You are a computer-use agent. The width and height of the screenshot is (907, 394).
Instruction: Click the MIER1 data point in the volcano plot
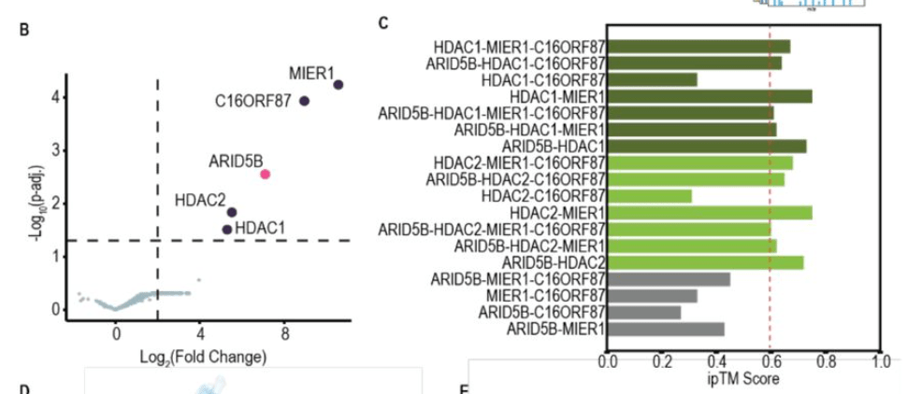click(x=338, y=85)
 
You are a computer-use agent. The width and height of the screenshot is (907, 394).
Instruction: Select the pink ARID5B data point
click(x=266, y=175)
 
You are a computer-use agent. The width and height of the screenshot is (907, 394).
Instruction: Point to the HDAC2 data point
click(x=232, y=212)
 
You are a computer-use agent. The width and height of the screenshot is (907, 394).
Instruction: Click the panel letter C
click(x=383, y=22)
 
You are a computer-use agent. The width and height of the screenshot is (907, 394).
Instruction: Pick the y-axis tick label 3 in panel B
click(x=56, y=150)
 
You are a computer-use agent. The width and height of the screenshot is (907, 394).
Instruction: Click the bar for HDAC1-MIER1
click(x=710, y=96)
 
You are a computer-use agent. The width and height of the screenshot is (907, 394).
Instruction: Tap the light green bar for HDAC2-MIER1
click(x=710, y=213)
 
